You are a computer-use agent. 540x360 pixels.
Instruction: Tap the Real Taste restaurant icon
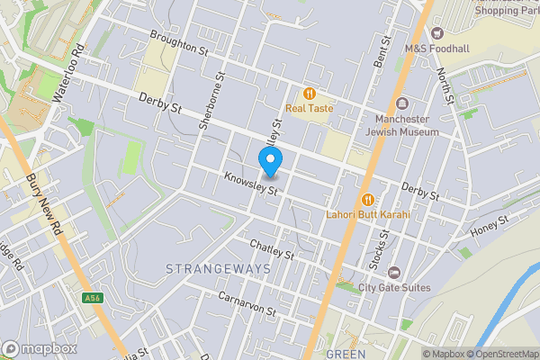pos(310,93)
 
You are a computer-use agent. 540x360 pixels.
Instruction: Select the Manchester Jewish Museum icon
pos(401,103)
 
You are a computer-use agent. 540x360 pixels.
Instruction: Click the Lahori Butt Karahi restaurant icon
pos(367,200)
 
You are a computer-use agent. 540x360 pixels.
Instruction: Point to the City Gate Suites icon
pos(392,272)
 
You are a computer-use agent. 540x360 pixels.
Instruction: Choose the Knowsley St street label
pos(254,184)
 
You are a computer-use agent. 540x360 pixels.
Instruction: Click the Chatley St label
pos(272,250)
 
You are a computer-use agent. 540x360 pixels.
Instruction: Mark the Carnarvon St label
pos(246,302)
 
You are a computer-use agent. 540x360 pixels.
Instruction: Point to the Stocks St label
pos(382,244)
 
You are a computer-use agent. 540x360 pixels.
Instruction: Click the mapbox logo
pos(40,348)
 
